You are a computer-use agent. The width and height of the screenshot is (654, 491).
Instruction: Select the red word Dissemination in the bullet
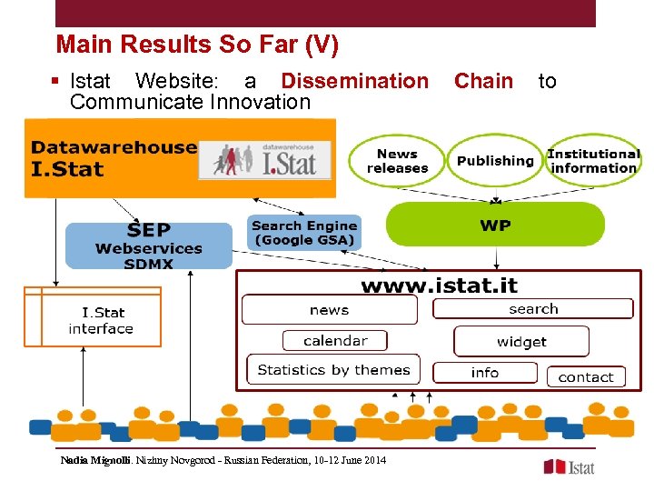(x=354, y=81)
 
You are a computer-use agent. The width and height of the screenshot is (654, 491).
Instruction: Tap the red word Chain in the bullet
(x=483, y=81)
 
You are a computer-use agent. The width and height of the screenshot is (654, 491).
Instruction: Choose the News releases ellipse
(x=397, y=161)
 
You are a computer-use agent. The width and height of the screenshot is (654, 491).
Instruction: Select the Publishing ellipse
(x=495, y=161)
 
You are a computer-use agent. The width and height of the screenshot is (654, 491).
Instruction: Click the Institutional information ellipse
(x=593, y=161)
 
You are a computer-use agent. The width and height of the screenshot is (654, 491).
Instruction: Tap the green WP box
(x=495, y=225)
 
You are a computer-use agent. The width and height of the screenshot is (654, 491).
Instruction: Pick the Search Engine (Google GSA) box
(x=304, y=233)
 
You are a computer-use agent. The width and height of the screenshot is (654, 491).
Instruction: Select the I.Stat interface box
(x=101, y=320)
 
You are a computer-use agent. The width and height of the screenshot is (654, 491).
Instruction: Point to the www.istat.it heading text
(x=439, y=286)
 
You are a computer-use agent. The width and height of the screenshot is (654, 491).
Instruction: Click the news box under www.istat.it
(x=329, y=310)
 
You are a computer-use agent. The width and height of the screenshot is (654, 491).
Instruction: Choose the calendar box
(x=335, y=341)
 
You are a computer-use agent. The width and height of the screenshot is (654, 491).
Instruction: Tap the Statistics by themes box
(x=333, y=370)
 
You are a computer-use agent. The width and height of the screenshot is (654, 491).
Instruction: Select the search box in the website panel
(x=533, y=309)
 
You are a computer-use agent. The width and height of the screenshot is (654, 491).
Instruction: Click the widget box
(x=521, y=342)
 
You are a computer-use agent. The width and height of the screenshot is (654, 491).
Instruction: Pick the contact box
(x=585, y=376)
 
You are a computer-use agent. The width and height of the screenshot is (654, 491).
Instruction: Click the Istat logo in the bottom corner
(x=569, y=466)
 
